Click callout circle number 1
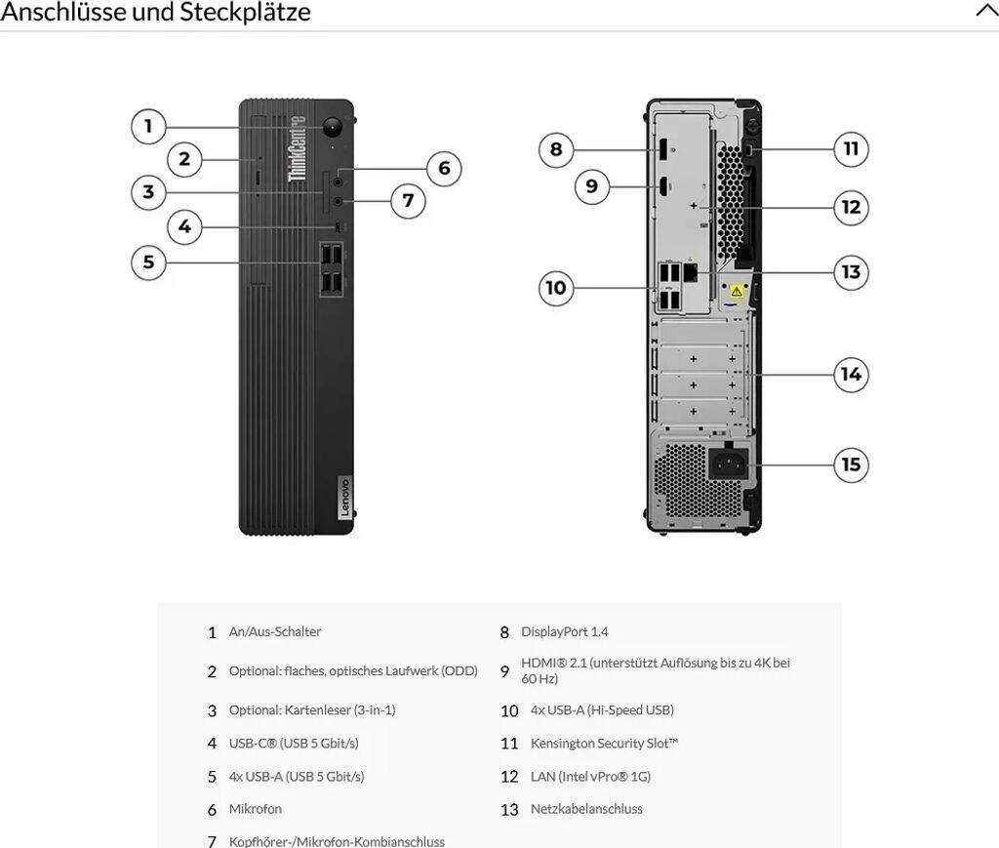[148, 126]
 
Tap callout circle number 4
[184, 228]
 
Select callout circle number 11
[851, 148]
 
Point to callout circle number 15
[851, 464]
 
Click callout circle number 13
[851, 271]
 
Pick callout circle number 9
[592, 185]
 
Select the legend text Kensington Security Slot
[604, 744]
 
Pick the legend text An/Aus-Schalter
[274, 632]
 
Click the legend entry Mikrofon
[255, 809]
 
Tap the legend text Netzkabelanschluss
[586, 809]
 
